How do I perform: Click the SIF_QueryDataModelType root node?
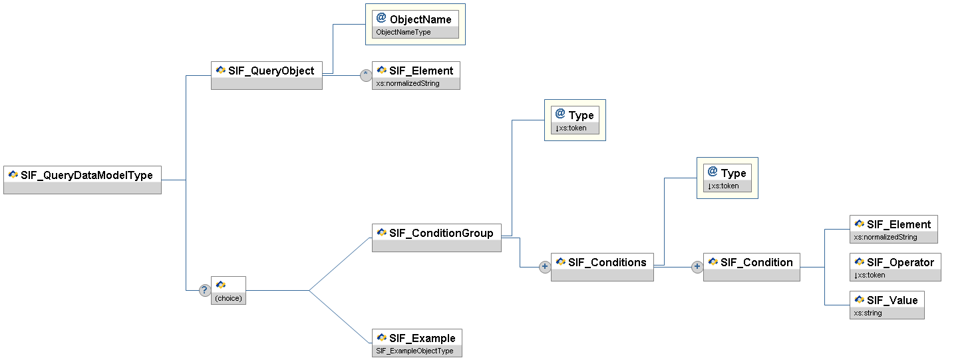pyautogui.click(x=82, y=180)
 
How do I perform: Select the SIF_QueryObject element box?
pyautogui.click(x=266, y=76)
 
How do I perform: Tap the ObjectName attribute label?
pyautogui.click(x=420, y=19)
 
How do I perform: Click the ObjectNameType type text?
pyautogui.click(x=403, y=33)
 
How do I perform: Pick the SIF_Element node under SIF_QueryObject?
pyautogui.click(x=416, y=76)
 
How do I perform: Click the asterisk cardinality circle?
pyautogui.click(x=366, y=75)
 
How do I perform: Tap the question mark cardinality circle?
pyautogui.click(x=204, y=290)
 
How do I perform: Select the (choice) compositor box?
pyautogui.click(x=228, y=290)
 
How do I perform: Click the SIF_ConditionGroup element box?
pyautogui.click(x=436, y=238)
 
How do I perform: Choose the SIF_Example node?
pyautogui.click(x=417, y=343)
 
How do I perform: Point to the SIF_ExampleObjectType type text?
pyautogui.click(x=414, y=351)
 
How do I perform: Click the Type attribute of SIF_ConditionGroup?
pyautogui.click(x=575, y=120)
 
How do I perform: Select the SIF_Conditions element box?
pyautogui.click(x=602, y=267)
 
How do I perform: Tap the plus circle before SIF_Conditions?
pyautogui.click(x=545, y=266)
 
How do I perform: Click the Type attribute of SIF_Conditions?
pyautogui.click(x=727, y=178)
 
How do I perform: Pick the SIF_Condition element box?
pyautogui.click(x=752, y=267)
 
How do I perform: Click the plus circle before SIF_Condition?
pyautogui.click(x=697, y=266)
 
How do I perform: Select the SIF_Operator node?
pyautogui.click(x=895, y=267)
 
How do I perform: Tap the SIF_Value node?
pyautogui.click(x=887, y=305)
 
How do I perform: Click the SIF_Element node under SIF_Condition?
pyautogui.click(x=894, y=229)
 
